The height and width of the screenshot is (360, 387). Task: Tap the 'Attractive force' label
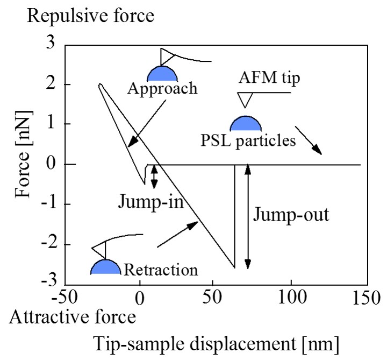[72, 317]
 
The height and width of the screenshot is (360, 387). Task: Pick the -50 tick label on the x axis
[67, 298]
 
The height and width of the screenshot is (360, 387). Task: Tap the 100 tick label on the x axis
[291, 298]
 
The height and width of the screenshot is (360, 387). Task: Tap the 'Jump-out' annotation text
[290, 215]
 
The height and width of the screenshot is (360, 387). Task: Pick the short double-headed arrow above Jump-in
[154, 177]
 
